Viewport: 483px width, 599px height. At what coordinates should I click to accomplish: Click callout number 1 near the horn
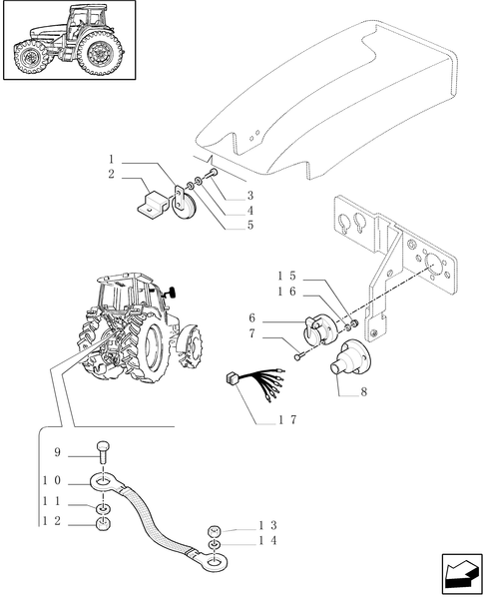(112, 160)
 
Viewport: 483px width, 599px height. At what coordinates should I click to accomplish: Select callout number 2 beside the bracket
(112, 175)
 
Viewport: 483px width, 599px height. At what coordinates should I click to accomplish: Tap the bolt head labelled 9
(103, 450)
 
